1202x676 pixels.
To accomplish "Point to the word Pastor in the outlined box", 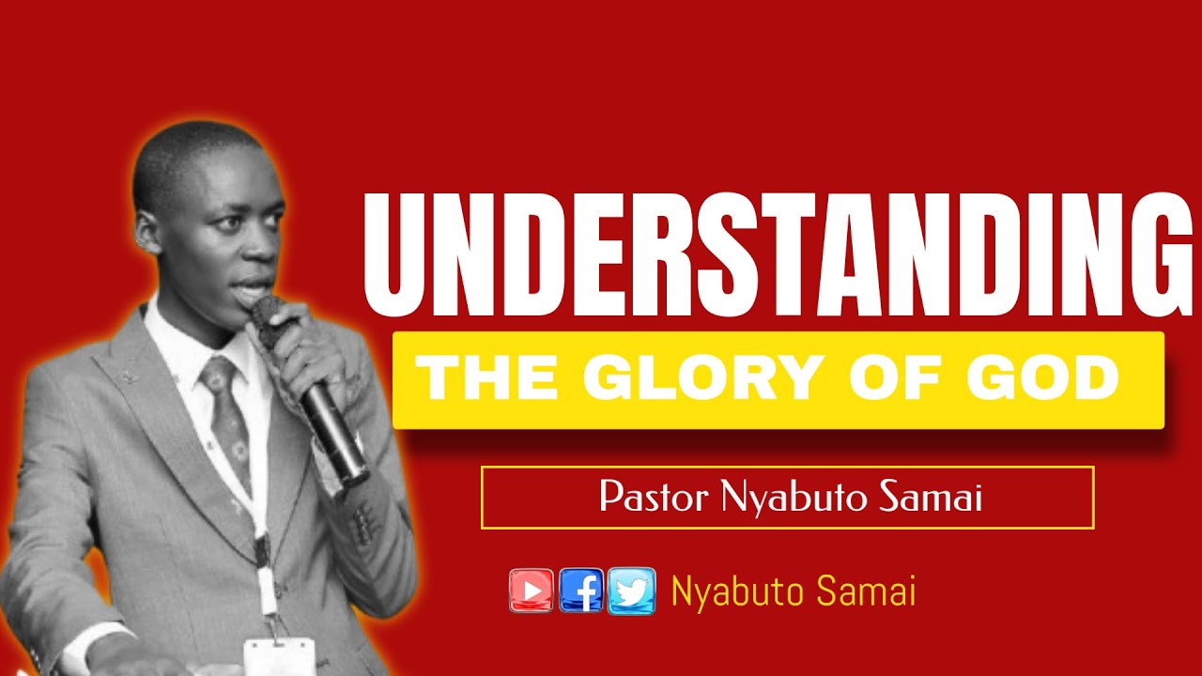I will (655, 498).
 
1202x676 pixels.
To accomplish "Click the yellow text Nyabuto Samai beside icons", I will (794, 591).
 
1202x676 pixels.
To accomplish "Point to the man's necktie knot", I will (218, 376).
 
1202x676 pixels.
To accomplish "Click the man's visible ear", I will (148, 232).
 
